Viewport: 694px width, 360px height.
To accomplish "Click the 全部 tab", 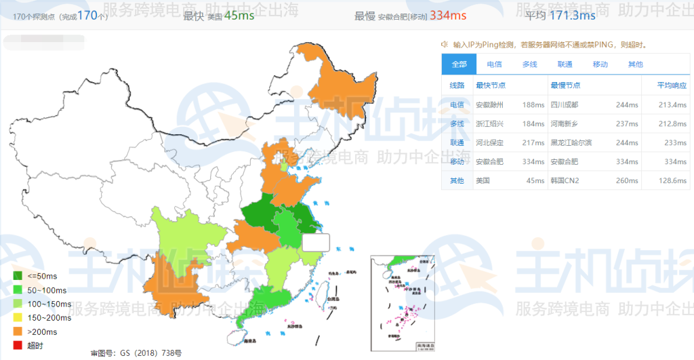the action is pos(459,64).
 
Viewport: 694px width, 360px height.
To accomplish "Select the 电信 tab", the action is pos(494,64).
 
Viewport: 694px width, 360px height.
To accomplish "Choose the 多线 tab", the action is pos(529,64).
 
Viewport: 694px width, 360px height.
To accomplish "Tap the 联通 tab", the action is pos(565,64).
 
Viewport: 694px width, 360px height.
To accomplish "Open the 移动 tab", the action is pos(600,64).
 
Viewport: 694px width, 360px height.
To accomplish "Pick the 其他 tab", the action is pos(635,64).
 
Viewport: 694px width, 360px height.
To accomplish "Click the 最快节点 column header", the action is pos(491,85).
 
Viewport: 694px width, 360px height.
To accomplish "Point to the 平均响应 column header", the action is pos(672,85).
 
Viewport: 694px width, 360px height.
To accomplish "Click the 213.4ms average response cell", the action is pos(672,105).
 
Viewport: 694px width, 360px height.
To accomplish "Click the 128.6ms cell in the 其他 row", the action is pos(672,181).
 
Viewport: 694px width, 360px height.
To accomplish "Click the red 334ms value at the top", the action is pos(449,15).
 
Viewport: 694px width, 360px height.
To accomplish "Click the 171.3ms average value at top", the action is pos(572,15).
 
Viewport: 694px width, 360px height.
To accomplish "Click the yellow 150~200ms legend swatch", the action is pos(17,317).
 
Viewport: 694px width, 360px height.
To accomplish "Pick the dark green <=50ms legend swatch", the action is pos(17,276).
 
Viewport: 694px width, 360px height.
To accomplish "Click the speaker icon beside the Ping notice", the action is pos(445,45).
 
